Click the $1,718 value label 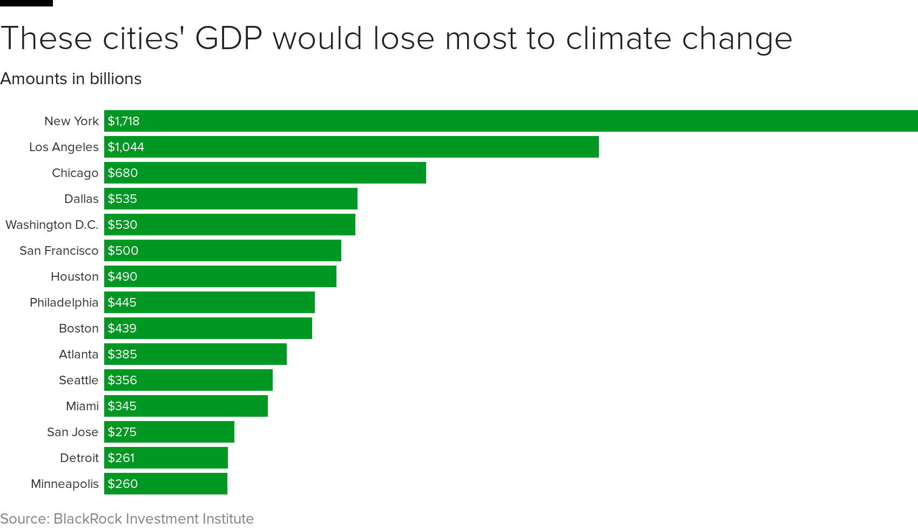124,121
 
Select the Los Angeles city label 64,147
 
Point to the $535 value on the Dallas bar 123,199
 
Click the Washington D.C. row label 52,225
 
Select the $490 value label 123,276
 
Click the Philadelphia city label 64,302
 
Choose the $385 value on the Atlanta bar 123,354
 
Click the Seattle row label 78,380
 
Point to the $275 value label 122,432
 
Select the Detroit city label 79,458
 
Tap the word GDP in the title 228,39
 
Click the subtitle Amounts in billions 71,79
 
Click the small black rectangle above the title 26,3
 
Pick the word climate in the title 618,39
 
